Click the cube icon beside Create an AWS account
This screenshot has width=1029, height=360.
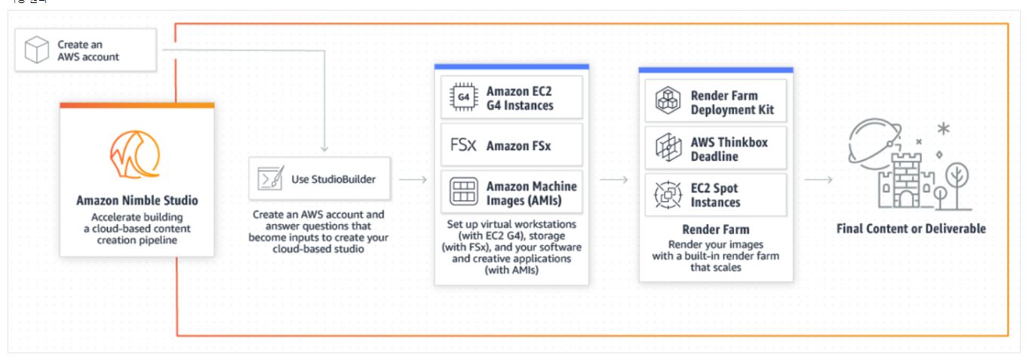click(36, 50)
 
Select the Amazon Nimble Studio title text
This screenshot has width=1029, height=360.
click(137, 201)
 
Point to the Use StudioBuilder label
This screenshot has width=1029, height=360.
click(333, 179)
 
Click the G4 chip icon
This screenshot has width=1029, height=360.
click(462, 97)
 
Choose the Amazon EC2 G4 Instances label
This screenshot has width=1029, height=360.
click(520, 97)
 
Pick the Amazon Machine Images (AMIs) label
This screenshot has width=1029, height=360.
click(530, 193)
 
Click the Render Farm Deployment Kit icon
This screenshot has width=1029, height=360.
click(667, 102)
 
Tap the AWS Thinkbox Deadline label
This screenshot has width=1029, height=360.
click(718, 149)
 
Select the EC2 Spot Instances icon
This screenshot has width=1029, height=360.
click(667, 195)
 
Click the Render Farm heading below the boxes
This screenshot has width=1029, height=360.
click(715, 229)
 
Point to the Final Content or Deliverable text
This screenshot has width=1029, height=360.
click(911, 228)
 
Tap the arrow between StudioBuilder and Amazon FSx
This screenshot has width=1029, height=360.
click(412, 180)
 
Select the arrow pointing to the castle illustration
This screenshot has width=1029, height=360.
click(818, 180)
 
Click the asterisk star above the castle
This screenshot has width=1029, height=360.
click(943, 129)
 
